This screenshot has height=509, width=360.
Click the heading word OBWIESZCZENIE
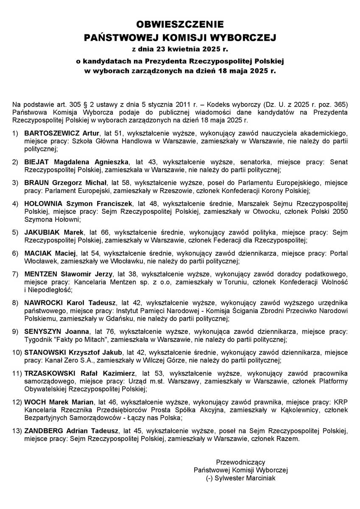tap(180, 24)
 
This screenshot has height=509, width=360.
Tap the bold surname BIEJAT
tap(36, 162)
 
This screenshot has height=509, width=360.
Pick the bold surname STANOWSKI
tap(45, 352)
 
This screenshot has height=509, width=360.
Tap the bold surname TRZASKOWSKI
tap(50, 373)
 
